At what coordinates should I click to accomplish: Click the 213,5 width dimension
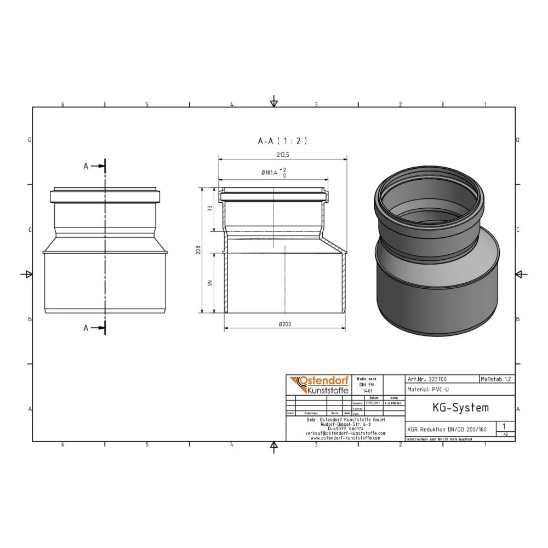(x=283, y=155)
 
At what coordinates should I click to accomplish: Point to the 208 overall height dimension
(x=199, y=250)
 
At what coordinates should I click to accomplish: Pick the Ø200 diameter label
(x=284, y=324)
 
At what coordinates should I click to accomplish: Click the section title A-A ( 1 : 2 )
(x=282, y=141)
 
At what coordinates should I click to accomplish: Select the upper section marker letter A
(x=85, y=166)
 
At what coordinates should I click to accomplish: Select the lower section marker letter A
(x=85, y=328)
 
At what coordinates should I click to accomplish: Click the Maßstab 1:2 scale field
(x=496, y=379)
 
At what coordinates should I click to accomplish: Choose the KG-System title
(x=453, y=408)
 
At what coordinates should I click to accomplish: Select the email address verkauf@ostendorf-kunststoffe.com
(x=345, y=433)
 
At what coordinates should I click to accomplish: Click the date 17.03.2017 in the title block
(x=373, y=403)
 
